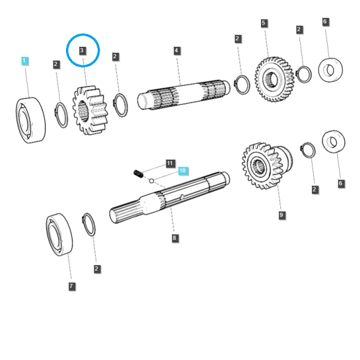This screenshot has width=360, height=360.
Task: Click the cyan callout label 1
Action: coord(25,61)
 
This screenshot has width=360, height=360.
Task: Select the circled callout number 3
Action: coord(82,50)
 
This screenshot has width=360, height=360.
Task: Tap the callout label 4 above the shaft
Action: coord(176,51)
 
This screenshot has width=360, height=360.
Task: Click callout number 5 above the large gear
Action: coord(263,23)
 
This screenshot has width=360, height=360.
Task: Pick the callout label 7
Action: coord(71,286)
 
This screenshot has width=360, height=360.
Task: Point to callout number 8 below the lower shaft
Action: coord(175,238)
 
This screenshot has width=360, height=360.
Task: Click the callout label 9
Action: coord(281,215)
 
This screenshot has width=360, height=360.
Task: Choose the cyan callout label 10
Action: coord(183,170)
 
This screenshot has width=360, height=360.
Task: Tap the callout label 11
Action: coord(170,163)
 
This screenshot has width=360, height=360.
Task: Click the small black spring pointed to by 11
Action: coord(139,173)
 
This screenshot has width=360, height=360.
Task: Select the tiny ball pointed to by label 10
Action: coord(152,181)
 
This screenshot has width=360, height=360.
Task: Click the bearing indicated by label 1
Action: coord(31,120)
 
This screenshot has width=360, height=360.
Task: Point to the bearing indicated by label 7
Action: coord(59,235)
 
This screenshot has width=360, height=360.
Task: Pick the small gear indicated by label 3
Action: coord(90,110)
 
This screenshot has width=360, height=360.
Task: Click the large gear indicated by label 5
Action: coord(274,79)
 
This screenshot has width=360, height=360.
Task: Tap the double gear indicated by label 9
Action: coord(267,166)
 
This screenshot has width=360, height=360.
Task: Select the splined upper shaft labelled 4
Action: coord(184,95)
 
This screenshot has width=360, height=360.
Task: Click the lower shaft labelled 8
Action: coord(169,197)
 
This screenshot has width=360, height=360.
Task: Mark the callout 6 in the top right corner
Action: coord(325,22)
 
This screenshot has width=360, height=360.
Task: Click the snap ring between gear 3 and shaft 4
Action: coord(121,105)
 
